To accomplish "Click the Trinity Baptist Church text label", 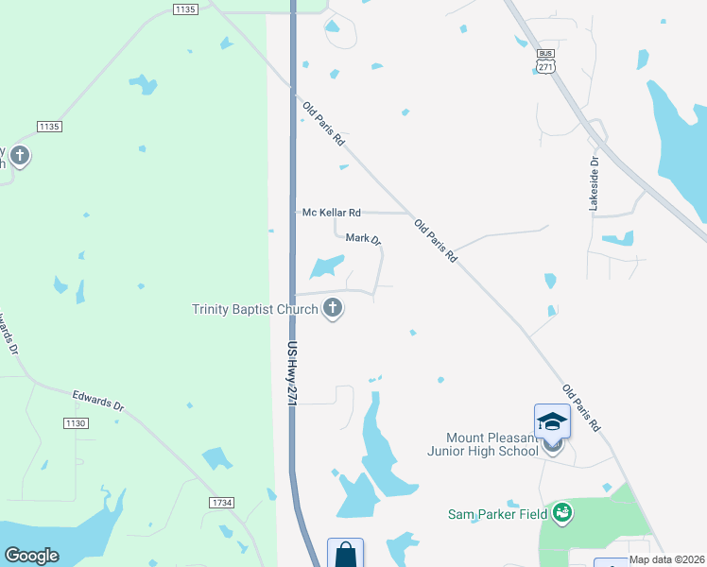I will tap(254, 309).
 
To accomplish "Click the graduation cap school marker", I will tap(552, 421).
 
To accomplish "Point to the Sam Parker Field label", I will tap(499, 514).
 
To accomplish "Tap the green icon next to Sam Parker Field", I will tap(562, 512).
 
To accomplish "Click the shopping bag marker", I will tap(345, 555).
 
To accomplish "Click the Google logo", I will tap(31, 556).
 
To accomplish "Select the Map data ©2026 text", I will tap(667, 559).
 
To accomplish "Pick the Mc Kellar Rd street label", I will tap(332, 213).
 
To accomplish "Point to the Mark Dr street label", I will tap(363, 239).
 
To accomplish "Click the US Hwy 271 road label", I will tap(293, 374).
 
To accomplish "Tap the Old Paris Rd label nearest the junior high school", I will tap(580, 408).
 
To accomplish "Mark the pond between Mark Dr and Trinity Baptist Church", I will tap(326, 268).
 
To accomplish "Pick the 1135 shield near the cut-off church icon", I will tap(49, 127).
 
